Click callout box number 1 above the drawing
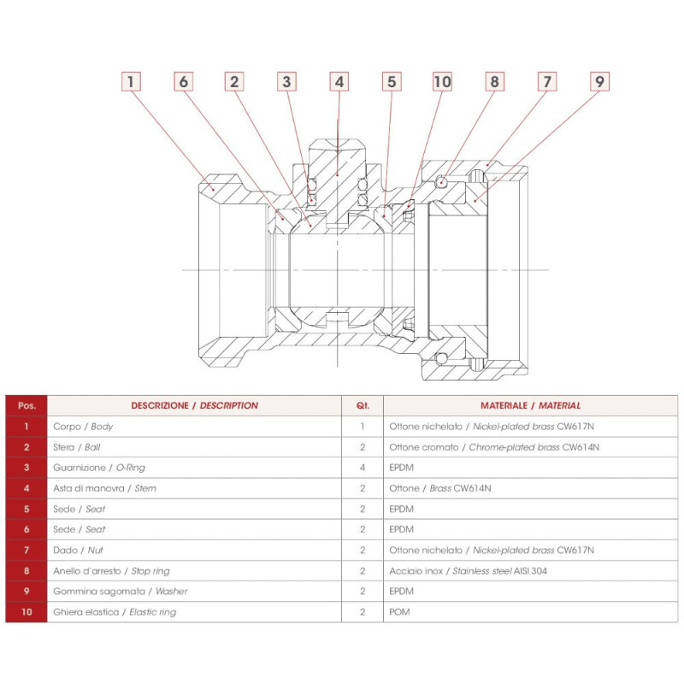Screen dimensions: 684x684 click(130, 82)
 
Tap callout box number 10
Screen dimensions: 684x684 click(442, 82)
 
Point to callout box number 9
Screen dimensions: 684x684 click(599, 82)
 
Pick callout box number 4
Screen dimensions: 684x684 click(339, 82)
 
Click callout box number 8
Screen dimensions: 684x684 click(494, 82)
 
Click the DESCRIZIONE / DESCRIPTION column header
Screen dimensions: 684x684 click(194, 405)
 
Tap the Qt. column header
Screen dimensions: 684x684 click(363, 405)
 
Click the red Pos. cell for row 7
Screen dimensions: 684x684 click(27, 550)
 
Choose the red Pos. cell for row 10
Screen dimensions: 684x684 click(27, 612)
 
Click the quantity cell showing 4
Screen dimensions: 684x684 click(363, 468)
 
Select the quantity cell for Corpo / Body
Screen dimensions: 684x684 click(363, 426)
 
